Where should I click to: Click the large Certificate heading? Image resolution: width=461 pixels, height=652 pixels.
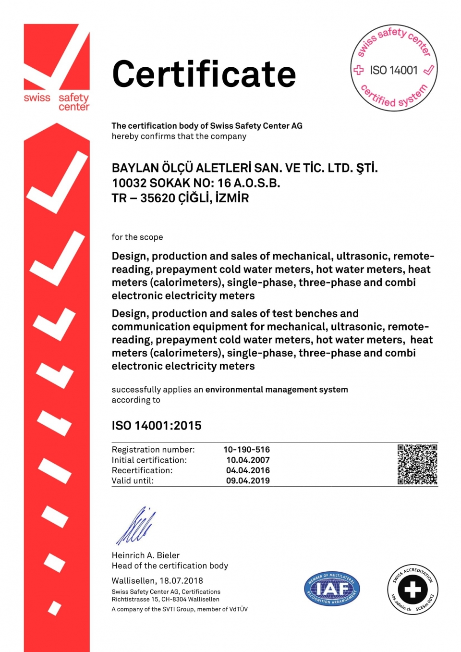tap(204, 74)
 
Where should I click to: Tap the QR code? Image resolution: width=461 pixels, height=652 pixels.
tap(417, 464)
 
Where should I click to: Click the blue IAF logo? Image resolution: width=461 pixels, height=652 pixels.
tap(332, 589)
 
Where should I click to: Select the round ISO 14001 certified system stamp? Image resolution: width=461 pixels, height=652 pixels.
tap(394, 68)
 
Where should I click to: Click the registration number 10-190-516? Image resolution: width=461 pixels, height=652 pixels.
tap(246, 450)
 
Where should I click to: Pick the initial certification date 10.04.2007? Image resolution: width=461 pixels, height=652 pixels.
tap(248, 460)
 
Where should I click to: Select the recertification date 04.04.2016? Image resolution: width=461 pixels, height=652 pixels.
tap(248, 470)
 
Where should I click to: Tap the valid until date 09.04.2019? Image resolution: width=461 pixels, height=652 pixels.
tap(248, 480)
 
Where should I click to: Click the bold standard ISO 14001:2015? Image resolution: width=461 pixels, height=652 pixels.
tap(157, 426)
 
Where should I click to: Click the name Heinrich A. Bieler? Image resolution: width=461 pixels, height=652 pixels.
tap(146, 555)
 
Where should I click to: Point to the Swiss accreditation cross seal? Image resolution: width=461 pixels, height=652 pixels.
tap(412, 589)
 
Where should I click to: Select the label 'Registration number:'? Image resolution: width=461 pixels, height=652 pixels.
tap(153, 450)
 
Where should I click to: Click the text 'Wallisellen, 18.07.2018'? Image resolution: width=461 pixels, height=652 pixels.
tap(157, 580)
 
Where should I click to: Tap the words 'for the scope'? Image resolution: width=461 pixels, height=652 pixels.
tap(137, 237)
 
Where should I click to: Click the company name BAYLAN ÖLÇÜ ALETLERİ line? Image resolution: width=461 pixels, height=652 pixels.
tap(244, 168)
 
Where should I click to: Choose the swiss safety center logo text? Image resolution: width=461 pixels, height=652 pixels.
tap(57, 101)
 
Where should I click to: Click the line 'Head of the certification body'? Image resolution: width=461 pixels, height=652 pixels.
tap(170, 566)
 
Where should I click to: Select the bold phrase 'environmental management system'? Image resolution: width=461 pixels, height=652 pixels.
tap(277, 390)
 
